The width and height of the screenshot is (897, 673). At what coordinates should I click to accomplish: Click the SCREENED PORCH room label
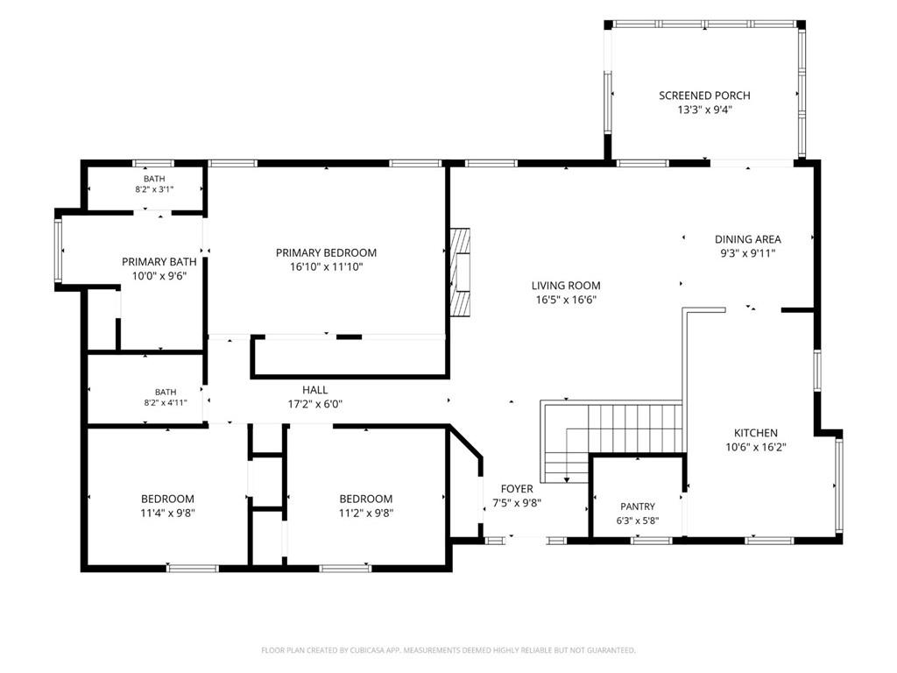(x=704, y=96)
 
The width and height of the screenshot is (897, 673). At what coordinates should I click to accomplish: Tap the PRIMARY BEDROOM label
(x=326, y=252)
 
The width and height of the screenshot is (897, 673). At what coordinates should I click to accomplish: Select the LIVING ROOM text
(x=566, y=286)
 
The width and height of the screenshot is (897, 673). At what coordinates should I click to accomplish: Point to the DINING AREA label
(x=748, y=239)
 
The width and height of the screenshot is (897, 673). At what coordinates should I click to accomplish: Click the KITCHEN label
(x=756, y=433)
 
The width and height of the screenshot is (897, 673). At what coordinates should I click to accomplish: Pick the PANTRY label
(x=638, y=507)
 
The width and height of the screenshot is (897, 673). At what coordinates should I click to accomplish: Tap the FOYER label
(x=517, y=489)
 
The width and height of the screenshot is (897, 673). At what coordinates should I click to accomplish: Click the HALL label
(x=314, y=390)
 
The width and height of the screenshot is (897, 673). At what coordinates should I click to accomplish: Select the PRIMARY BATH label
(x=159, y=261)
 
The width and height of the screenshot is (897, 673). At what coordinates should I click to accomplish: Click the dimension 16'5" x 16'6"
(x=566, y=300)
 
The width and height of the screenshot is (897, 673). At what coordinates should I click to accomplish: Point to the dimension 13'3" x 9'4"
(x=704, y=110)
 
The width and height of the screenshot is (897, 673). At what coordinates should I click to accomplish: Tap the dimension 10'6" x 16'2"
(x=756, y=447)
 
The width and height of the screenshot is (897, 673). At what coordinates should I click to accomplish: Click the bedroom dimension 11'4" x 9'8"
(x=167, y=513)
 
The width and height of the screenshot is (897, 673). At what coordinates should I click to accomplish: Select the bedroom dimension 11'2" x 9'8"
(x=365, y=513)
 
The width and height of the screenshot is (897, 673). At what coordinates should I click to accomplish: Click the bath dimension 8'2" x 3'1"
(x=154, y=189)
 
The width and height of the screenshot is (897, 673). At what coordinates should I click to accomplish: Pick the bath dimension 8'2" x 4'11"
(x=166, y=402)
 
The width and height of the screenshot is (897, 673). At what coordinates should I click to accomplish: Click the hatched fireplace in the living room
(x=460, y=273)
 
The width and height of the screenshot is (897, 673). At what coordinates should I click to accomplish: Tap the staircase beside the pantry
(x=612, y=441)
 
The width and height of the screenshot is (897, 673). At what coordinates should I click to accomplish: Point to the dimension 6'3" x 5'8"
(x=638, y=521)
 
